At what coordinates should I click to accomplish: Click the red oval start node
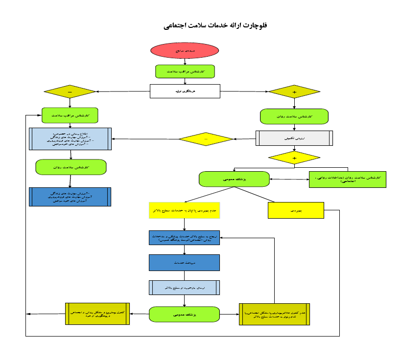[185, 50]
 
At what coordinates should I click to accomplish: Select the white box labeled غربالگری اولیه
[185, 91]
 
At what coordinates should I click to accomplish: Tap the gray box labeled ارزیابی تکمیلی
[294, 138]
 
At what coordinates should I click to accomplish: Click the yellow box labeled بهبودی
[296, 210]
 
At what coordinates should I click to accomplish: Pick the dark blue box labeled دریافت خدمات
[184, 263]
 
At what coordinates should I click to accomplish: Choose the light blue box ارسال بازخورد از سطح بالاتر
[184, 288]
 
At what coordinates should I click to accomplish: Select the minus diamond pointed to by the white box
[70, 91]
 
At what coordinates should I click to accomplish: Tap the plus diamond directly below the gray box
[294, 158]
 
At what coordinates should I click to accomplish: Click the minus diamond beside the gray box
[206, 139]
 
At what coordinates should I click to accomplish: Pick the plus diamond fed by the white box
[294, 92]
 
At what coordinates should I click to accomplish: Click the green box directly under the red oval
[185, 71]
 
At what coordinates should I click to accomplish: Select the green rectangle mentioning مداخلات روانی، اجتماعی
[348, 179]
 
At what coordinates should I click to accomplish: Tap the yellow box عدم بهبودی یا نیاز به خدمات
[184, 210]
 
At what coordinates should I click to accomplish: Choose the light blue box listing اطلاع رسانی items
[71, 139]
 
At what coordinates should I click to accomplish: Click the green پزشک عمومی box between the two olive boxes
[184, 315]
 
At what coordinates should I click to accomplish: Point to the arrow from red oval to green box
[185, 61]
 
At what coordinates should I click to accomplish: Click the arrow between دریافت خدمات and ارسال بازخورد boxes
[184, 275]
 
